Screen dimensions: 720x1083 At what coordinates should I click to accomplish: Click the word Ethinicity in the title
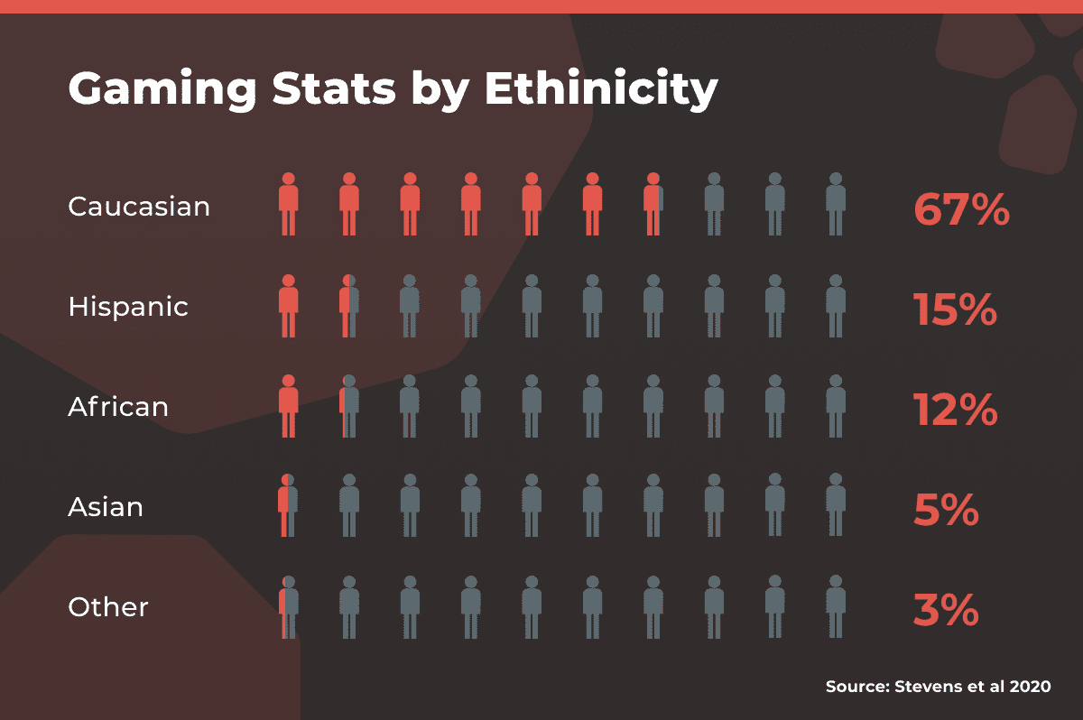601,90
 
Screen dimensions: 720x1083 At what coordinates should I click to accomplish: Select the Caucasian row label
139,207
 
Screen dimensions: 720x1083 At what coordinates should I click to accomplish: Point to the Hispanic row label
128,307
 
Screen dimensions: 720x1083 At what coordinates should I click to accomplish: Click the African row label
118,407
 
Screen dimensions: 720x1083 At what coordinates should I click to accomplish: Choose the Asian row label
106,507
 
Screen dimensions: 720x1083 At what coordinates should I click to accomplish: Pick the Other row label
108,607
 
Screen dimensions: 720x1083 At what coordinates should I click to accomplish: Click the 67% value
961,209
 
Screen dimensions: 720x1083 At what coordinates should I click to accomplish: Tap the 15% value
955,309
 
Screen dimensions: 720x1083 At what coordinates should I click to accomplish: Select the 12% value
955,410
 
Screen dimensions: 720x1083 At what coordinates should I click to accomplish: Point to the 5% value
946,510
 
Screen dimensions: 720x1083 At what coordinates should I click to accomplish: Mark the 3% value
946,610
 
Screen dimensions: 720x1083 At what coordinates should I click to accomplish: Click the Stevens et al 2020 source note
939,687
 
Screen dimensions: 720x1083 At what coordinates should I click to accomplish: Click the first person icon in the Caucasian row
288,204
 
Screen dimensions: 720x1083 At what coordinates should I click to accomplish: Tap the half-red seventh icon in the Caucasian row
653,204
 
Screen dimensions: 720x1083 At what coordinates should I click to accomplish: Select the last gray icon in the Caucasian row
836,204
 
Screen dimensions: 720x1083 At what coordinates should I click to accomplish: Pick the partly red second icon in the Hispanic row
349,305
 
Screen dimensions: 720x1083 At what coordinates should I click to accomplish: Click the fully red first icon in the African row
288,405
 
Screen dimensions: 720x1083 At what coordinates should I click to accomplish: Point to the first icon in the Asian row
288,505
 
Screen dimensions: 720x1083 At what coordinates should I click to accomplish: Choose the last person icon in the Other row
836,605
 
